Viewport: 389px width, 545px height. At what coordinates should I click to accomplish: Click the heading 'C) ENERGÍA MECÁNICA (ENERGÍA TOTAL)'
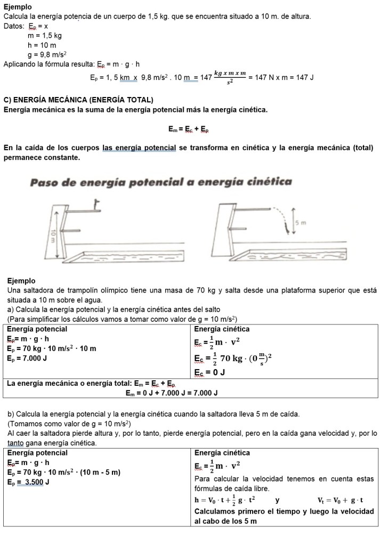tap(78, 100)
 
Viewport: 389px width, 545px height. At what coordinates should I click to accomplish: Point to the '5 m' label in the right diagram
tap(302, 222)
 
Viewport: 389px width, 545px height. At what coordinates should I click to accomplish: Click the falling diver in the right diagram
tap(288, 227)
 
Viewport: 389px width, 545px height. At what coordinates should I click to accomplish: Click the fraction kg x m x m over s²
tap(230, 77)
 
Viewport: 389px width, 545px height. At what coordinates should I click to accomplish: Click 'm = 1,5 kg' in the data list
tap(45, 36)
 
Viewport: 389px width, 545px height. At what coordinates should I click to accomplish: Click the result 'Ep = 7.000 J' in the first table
tap(27, 358)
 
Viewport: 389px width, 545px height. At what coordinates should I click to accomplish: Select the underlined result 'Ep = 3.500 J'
tap(29, 482)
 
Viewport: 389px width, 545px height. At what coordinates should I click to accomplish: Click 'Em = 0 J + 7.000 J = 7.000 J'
tap(172, 393)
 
